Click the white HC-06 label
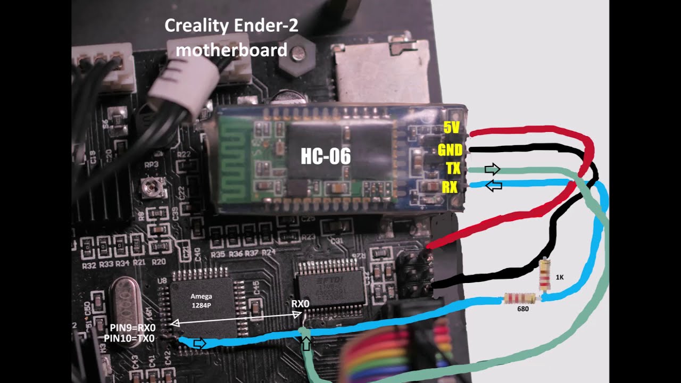point(326,156)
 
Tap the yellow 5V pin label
point(451,128)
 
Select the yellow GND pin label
point(450,149)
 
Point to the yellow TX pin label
point(453,169)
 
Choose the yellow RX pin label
point(450,187)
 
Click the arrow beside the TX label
point(493,169)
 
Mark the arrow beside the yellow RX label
point(494,186)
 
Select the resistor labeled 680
point(519,298)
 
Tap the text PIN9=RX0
point(132,328)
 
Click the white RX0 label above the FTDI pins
point(301,303)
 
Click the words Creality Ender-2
point(231,26)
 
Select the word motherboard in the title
point(231,50)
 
